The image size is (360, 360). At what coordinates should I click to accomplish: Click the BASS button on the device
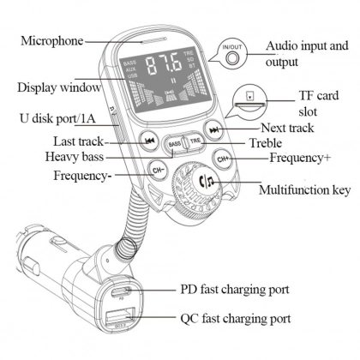[176, 142]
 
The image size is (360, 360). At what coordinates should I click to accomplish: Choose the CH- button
[157, 168]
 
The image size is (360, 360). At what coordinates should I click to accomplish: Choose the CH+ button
[223, 159]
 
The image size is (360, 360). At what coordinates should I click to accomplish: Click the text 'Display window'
[54, 87]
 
